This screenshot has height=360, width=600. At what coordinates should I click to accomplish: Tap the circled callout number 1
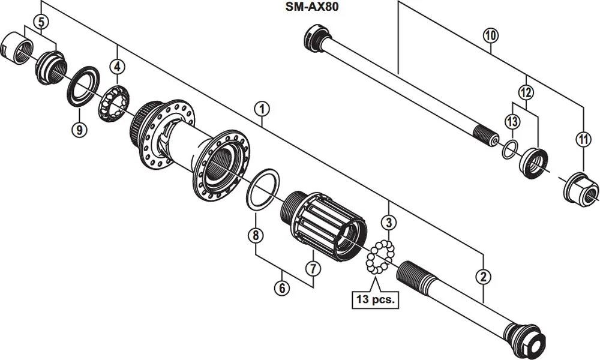point(261,109)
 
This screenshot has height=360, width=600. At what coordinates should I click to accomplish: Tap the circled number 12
point(511,122)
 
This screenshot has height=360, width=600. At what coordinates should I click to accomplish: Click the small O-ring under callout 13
point(509,149)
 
